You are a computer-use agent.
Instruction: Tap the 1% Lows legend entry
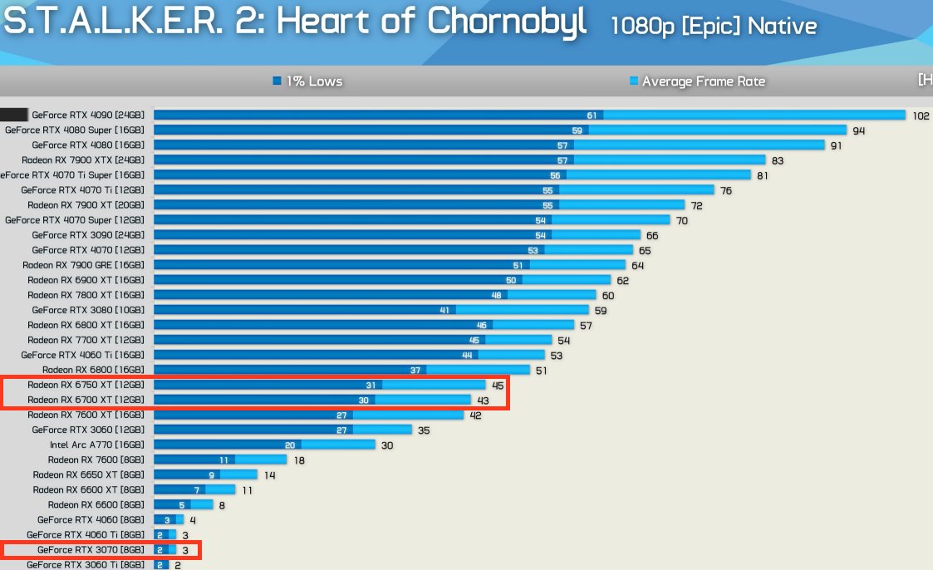pyautogui.click(x=307, y=81)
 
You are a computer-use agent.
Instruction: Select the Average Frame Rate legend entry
pyautogui.click(x=697, y=81)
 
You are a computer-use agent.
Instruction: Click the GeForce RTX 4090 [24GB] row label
pyautogui.click(x=88, y=115)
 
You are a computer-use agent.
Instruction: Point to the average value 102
pyautogui.click(x=921, y=115)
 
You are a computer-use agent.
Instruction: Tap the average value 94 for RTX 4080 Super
pyautogui.click(x=859, y=130)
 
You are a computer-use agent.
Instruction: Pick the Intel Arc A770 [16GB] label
pyautogui.click(x=96, y=445)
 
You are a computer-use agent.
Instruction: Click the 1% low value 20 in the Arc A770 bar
pyautogui.click(x=290, y=445)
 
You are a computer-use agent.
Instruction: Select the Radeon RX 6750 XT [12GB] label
pyautogui.click(x=86, y=385)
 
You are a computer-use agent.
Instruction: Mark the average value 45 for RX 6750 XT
pyautogui.click(x=498, y=385)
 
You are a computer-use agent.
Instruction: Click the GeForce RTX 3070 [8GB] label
pyautogui.click(x=91, y=550)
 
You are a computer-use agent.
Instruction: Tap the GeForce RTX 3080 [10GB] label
pyautogui.click(x=88, y=310)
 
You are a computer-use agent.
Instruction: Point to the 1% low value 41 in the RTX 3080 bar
pyautogui.click(x=444, y=310)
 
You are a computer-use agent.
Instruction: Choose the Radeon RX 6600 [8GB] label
pyautogui.click(x=96, y=504)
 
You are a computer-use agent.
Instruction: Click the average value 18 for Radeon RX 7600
pyautogui.click(x=299, y=459)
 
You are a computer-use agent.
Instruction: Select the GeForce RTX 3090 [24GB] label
pyautogui.click(x=88, y=235)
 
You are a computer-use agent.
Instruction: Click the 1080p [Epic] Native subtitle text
pyautogui.click(x=713, y=27)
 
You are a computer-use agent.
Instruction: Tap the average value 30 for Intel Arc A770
pyautogui.click(x=387, y=445)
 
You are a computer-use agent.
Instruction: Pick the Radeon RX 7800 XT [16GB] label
pyautogui.click(x=86, y=295)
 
